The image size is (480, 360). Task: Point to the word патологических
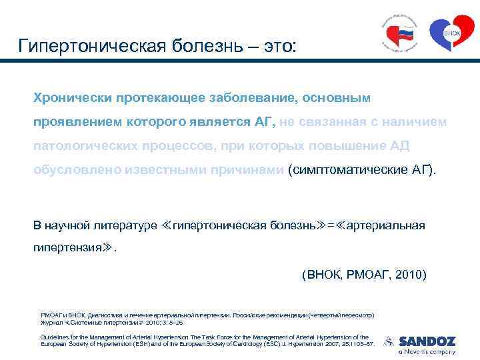[86, 145]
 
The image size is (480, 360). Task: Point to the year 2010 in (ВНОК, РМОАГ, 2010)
[411, 275]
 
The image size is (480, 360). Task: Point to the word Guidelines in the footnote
[53, 337]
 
